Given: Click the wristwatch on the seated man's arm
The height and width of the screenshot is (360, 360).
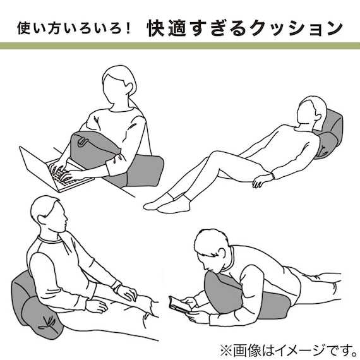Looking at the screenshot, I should coord(116,285).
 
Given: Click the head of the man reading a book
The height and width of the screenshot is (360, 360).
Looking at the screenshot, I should coord(212,248).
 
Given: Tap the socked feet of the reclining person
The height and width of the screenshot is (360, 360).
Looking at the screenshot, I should coord(167,201).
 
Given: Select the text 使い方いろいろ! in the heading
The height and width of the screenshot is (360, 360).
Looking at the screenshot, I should coord(75,29).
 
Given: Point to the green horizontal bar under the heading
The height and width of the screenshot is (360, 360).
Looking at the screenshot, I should coord(180,46).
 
